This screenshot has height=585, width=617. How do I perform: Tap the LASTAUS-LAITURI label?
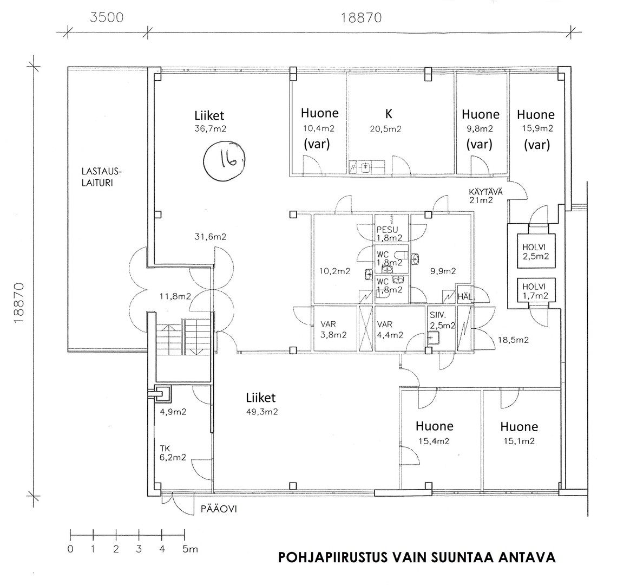tap(102, 177)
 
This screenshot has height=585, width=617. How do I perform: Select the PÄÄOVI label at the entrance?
tap(219, 509)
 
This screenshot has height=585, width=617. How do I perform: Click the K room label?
tap(389, 114)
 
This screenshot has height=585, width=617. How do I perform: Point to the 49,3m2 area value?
tap(261, 412)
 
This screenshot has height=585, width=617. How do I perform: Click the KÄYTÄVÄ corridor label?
tap(485, 192)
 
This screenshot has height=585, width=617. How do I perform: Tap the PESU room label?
tap(387, 229)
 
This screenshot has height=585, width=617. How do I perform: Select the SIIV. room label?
tap(438, 316)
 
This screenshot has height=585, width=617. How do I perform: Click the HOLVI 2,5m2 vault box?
tap(536, 251)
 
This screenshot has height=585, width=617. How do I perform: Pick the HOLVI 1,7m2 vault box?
tap(536, 291)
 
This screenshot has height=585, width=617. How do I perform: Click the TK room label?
tap(165, 448)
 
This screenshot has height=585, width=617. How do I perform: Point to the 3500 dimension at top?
tap(107, 18)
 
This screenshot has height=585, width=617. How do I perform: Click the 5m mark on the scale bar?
tap(190, 549)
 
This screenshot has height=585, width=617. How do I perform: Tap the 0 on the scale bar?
tap(70, 549)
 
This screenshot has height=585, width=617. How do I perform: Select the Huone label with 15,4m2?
tap(435, 426)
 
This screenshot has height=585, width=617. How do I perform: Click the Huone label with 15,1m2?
tap(519, 427)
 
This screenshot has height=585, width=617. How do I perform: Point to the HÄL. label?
tap(465, 297)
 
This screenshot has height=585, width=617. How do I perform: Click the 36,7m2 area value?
tap(211, 128)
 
